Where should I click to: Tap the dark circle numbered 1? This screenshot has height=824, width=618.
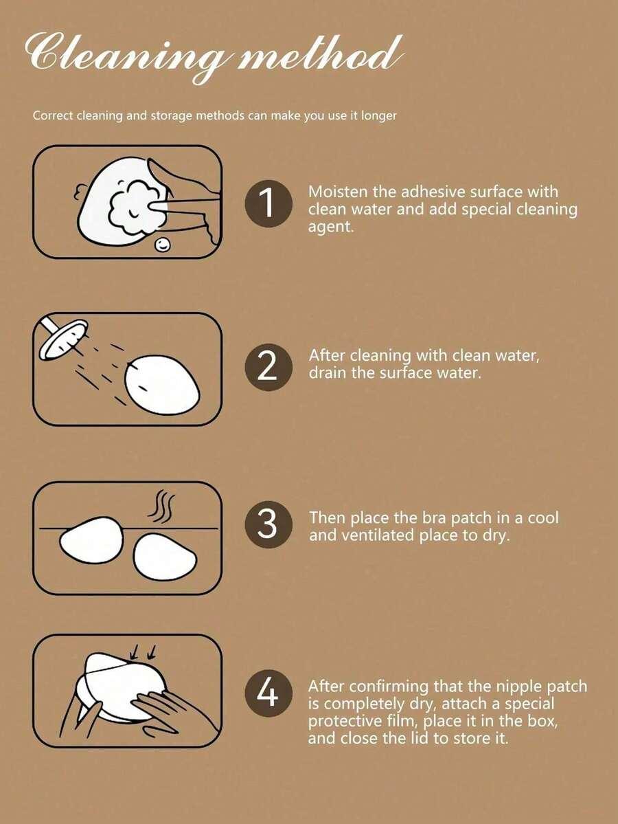tap(268, 203)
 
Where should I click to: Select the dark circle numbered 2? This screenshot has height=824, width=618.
tap(268, 368)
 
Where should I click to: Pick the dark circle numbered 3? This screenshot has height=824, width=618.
tap(268, 524)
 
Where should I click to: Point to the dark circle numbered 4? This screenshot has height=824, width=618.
tap(268, 693)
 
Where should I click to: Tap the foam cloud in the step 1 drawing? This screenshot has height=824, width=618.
tap(135, 207)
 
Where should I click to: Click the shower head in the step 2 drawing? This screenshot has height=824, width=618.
tap(64, 339)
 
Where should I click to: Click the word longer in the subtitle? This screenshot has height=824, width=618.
tap(379, 115)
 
